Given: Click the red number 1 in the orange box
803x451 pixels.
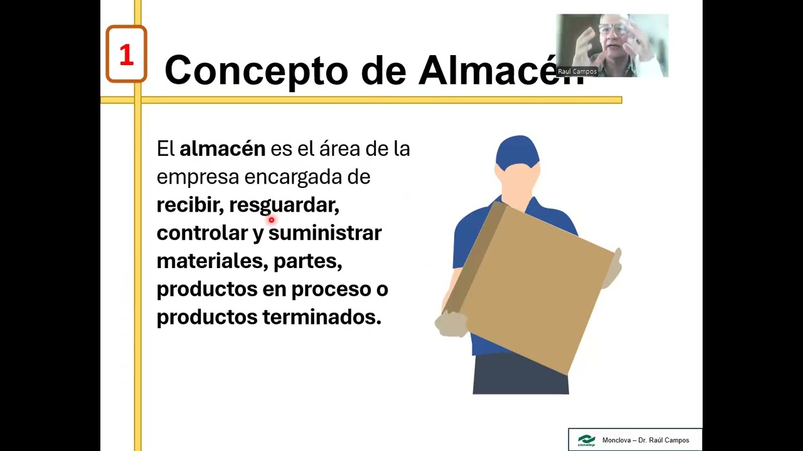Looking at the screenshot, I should pyautogui.click(x=126, y=55).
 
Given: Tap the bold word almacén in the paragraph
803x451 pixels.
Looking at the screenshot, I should pyautogui.click(x=222, y=149).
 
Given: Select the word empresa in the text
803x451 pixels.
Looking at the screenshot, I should pyautogui.click(x=198, y=177).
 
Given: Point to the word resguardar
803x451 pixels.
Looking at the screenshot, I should pyautogui.click(x=284, y=205).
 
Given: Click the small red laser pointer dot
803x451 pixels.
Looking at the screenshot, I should pyautogui.click(x=271, y=220).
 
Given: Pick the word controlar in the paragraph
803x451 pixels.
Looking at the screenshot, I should pyautogui.click(x=202, y=233).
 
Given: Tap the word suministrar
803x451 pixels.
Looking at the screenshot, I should pyautogui.click(x=325, y=233).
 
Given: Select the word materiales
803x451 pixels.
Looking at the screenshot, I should pyautogui.click(x=211, y=261).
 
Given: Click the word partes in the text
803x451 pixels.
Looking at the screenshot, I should pyautogui.click(x=307, y=261).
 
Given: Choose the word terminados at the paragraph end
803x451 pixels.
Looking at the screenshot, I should pyautogui.click(x=321, y=317).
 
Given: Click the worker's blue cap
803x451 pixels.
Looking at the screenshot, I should pyautogui.click(x=517, y=153).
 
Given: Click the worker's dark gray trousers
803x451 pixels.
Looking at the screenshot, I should pyautogui.click(x=520, y=375).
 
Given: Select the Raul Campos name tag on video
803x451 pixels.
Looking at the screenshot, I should pyautogui.click(x=577, y=71).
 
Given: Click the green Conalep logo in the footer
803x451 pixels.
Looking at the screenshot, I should pyautogui.click(x=586, y=440).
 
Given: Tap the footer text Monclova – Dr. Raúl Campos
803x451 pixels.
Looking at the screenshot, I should pyautogui.click(x=645, y=440).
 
